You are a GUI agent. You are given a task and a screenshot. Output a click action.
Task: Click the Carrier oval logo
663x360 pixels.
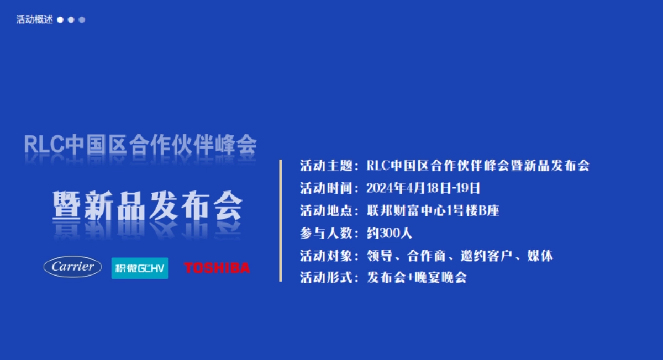(72, 267)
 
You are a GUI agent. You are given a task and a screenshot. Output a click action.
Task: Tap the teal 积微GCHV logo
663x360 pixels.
(140, 268)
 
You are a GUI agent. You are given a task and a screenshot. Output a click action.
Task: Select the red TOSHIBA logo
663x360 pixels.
(217, 268)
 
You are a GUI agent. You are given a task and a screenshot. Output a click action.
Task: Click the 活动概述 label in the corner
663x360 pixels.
(34, 20)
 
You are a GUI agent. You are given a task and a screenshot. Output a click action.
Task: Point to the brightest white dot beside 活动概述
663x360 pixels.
(60, 20)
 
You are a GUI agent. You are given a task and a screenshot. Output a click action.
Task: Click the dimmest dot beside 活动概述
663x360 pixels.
(82, 20)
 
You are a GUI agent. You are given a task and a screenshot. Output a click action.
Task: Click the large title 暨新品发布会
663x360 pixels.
(148, 207)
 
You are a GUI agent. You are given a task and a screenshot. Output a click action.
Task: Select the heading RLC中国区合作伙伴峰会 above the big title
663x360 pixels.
(140, 145)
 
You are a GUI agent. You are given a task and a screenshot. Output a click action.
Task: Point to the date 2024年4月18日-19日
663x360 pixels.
(423, 188)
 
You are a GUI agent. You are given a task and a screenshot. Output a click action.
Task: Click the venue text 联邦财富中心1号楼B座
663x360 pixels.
(433, 210)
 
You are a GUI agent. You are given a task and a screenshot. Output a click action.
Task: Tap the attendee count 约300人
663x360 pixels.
(389, 233)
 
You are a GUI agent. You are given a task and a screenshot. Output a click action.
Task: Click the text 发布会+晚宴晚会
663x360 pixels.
(417, 278)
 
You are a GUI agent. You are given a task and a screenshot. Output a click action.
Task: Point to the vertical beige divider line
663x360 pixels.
(281, 221)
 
